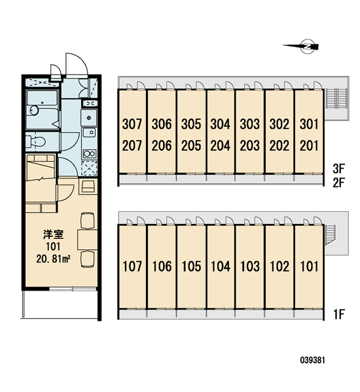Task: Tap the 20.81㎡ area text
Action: click(53, 259)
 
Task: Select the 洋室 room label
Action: click(53, 234)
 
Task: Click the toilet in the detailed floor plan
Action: click(35, 141)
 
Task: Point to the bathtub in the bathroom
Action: click(43, 110)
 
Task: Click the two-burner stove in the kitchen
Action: click(89, 153)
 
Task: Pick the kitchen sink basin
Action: click(89, 132)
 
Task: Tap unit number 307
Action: click(132, 124)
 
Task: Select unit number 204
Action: click(220, 145)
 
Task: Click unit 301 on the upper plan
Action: click(309, 124)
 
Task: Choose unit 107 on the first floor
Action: click(132, 266)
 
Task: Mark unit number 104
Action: click(221, 266)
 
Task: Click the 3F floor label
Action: click(339, 168)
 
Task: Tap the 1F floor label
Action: click(339, 314)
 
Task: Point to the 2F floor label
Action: click(339, 183)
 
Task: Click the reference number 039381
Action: click(312, 360)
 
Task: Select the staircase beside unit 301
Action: click(336, 99)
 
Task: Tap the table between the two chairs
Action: click(87, 240)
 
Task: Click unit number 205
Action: click(191, 145)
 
